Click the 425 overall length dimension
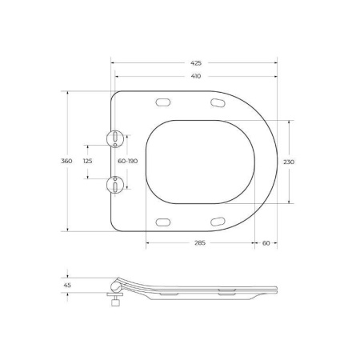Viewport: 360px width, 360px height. (196, 62)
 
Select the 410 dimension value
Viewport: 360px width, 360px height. (196, 77)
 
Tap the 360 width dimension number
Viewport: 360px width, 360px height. (66, 161)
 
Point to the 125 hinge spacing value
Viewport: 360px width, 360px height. (88, 161)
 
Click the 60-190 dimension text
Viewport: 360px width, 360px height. (128, 161)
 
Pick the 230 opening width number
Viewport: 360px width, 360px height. (289, 161)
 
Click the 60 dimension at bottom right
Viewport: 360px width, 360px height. (266, 242)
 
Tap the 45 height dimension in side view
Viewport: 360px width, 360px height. (66, 284)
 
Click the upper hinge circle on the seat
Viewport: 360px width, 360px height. (116, 138)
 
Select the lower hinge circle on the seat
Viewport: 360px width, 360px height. (116, 185)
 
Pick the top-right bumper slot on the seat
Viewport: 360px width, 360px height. (217, 102)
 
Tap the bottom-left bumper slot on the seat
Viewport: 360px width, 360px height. (164, 222)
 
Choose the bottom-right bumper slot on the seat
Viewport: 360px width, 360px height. (217, 222)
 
